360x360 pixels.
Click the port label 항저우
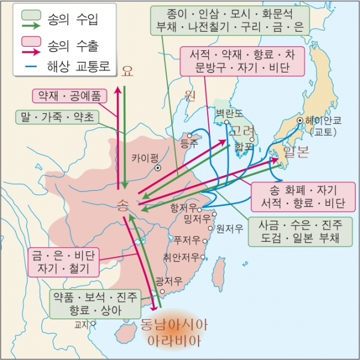point(182,206)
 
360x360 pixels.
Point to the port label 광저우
point(167,281)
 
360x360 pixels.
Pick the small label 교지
point(81,325)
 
